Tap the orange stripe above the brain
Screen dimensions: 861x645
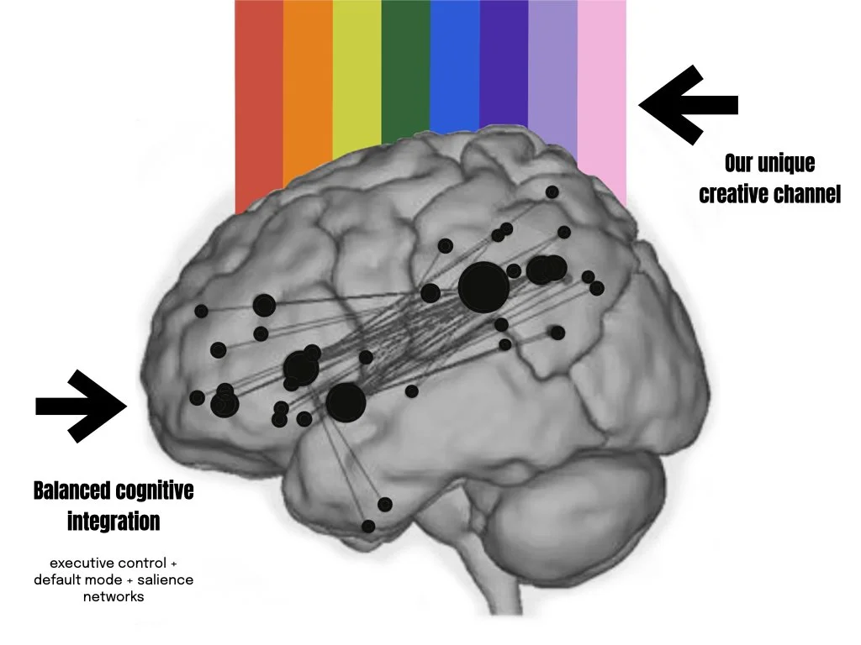[x=308, y=84]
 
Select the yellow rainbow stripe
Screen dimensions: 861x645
[x=357, y=76]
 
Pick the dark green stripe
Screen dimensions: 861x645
[x=405, y=67]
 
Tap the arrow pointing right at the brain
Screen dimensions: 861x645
[x=81, y=406]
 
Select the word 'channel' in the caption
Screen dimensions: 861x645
[x=806, y=195]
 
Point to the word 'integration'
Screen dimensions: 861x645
[x=114, y=522]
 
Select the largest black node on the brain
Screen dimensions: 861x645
[x=483, y=287]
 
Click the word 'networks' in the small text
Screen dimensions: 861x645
[x=114, y=597]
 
